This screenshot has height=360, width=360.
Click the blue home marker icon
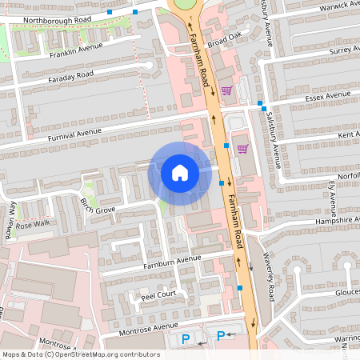click(x=179, y=173)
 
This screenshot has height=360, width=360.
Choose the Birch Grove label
click(x=98, y=205)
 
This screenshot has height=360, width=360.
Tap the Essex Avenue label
click(x=327, y=98)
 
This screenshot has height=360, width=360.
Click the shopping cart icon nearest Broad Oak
click(x=226, y=90)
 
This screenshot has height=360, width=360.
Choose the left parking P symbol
click(x=186, y=339)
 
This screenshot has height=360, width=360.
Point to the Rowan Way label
click(x=12, y=216)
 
